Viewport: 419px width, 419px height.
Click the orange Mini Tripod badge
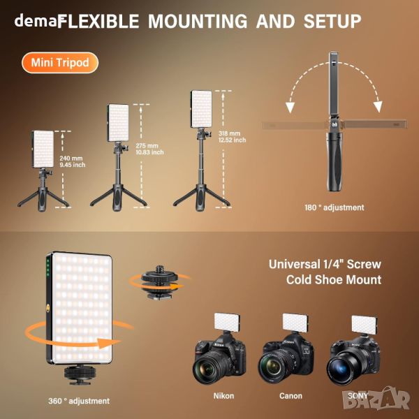(60, 63)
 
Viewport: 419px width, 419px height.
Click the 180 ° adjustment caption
(335, 207)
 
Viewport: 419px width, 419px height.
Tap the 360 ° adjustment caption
(79, 401)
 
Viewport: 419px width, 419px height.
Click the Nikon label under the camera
(223, 395)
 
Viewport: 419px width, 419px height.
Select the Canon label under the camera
(291, 395)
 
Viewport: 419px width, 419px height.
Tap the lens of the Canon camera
(275, 365)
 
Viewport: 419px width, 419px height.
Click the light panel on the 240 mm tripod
(43, 149)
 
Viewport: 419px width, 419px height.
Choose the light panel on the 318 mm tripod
(201, 109)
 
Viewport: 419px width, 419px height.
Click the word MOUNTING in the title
(198, 21)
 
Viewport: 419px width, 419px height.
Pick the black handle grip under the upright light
(334, 161)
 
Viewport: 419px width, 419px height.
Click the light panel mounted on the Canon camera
(295, 323)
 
